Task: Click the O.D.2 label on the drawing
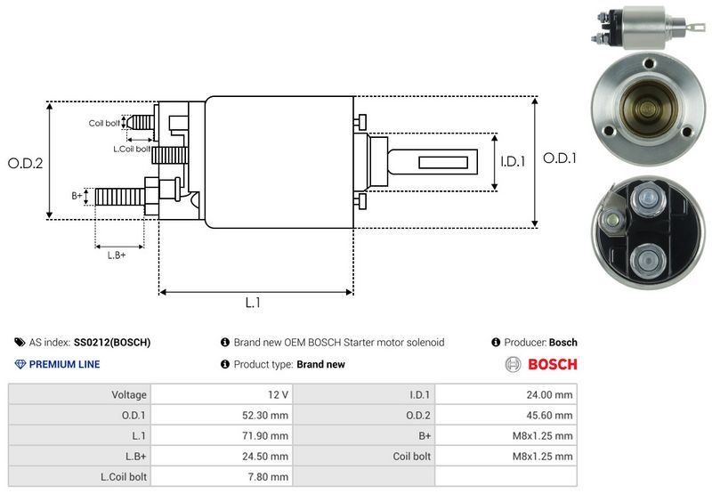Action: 26,163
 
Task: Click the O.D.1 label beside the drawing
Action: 560,158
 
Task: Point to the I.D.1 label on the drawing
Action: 513,161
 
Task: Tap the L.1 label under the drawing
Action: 253,303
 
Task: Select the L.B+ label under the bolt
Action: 117,255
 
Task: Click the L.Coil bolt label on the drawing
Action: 131,149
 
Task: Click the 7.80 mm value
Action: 268,477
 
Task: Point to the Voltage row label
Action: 129,395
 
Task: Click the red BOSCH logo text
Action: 553,364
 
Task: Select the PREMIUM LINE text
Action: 64,364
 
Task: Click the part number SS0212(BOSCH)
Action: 112,343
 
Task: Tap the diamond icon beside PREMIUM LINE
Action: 20,364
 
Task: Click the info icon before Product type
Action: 225,364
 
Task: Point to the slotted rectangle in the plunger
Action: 443,163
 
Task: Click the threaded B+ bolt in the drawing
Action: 120,197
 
